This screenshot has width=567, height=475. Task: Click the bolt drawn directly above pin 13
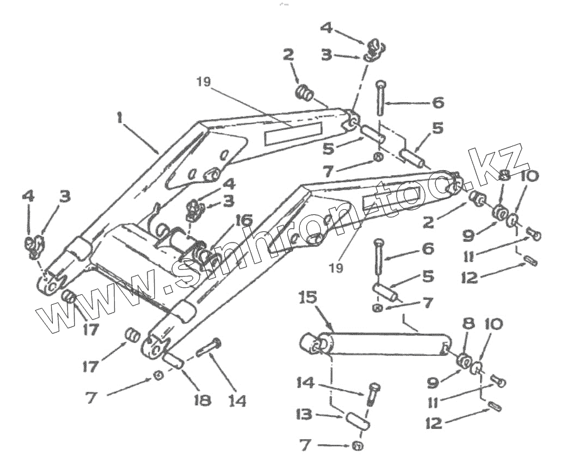[372, 393]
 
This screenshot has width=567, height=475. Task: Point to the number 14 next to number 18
[238, 401]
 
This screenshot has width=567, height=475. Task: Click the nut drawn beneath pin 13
[357, 447]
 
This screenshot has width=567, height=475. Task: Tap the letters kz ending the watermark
[507, 157]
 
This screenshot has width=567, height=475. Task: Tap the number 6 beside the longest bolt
[436, 102]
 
